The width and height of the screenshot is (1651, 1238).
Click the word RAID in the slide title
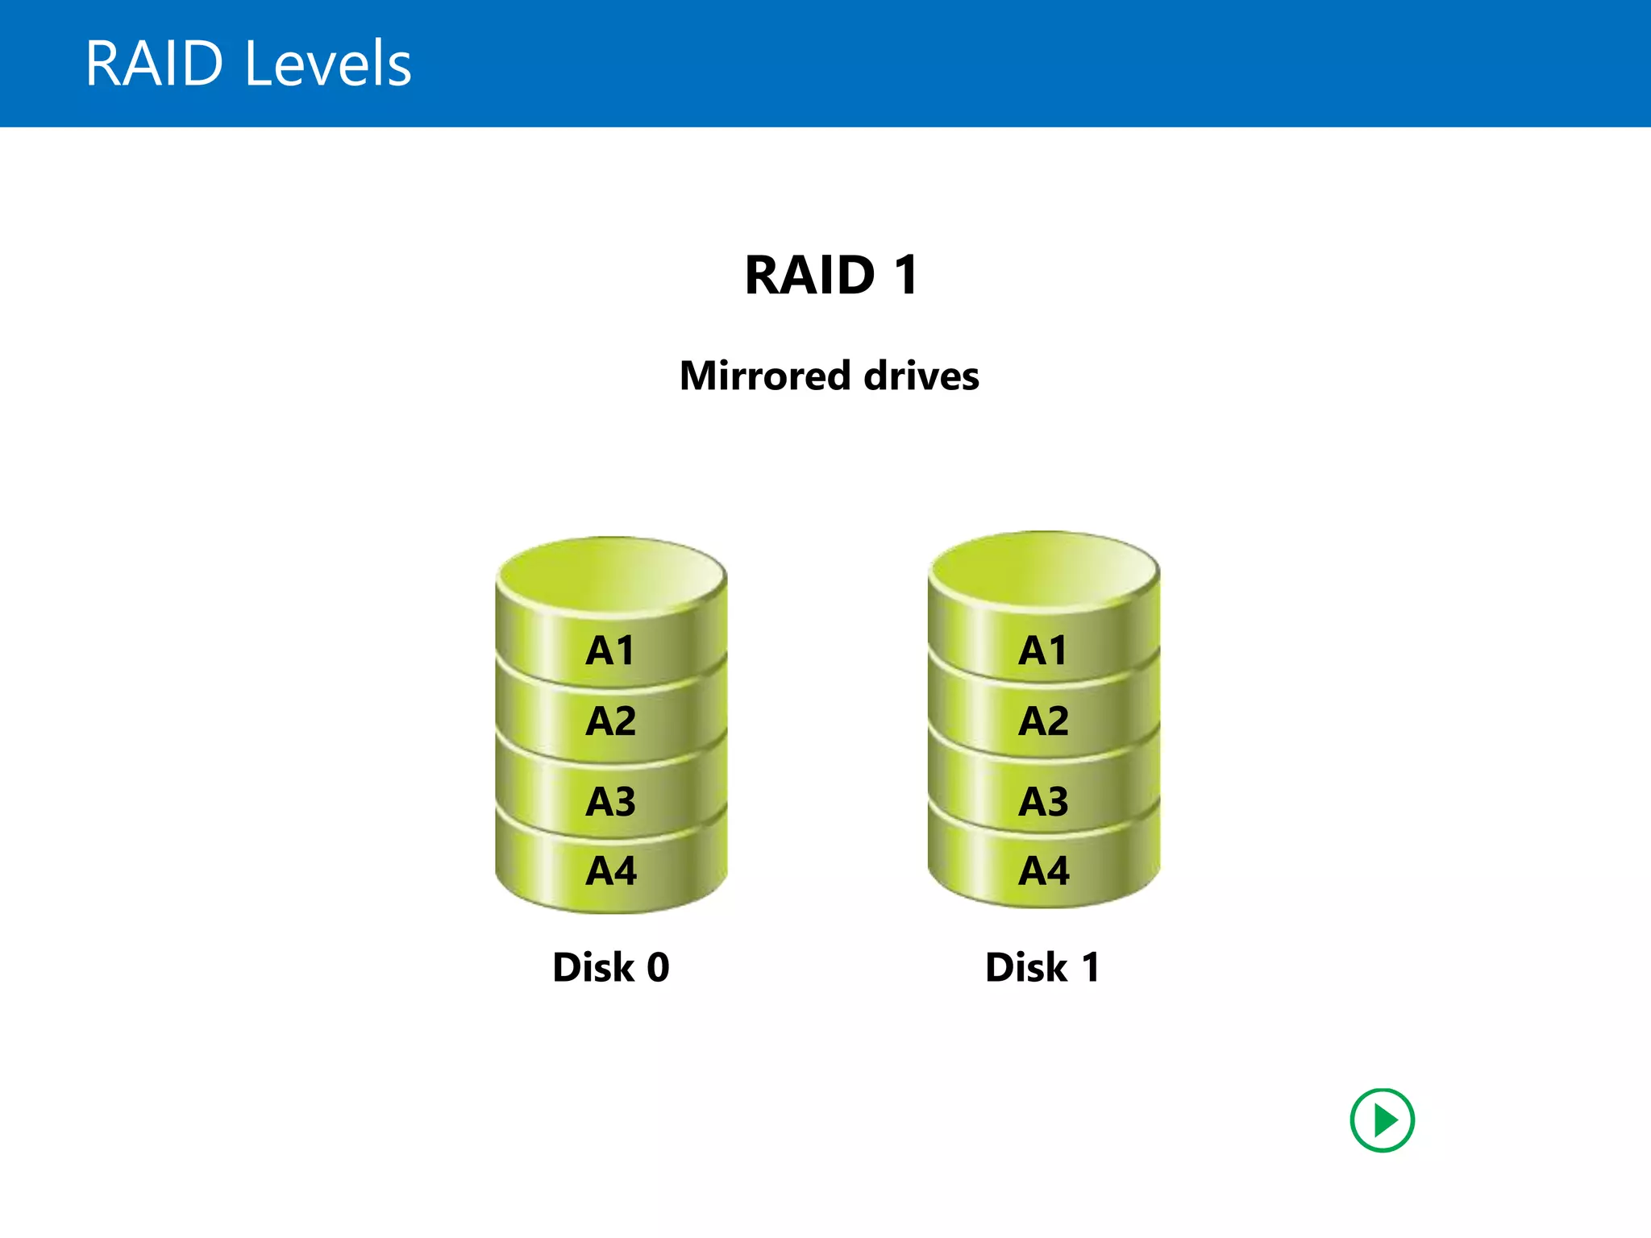point(154,64)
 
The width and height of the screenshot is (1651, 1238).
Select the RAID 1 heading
point(831,276)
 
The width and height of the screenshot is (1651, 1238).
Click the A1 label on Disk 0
point(610,650)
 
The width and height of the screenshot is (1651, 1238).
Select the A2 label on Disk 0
point(610,721)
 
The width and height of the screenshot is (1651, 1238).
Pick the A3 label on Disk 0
point(610,801)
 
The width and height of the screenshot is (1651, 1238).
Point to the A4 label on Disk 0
point(610,870)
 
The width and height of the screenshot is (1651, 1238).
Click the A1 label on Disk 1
point(1043,650)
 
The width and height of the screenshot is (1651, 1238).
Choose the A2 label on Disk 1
point(1043,721)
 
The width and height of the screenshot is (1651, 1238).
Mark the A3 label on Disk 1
point(1043,801)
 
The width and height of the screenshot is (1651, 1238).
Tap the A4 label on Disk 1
point(1043,870)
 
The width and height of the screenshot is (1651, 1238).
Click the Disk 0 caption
point(610,967)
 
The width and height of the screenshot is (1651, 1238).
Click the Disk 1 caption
point(1042,967)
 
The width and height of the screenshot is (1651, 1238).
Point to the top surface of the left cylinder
point(611,574)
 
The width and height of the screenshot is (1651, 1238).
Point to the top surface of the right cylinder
point(1043,568)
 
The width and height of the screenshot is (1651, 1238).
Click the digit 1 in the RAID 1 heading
point(906,276)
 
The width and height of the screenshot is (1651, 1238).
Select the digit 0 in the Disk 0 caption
point(658,967)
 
